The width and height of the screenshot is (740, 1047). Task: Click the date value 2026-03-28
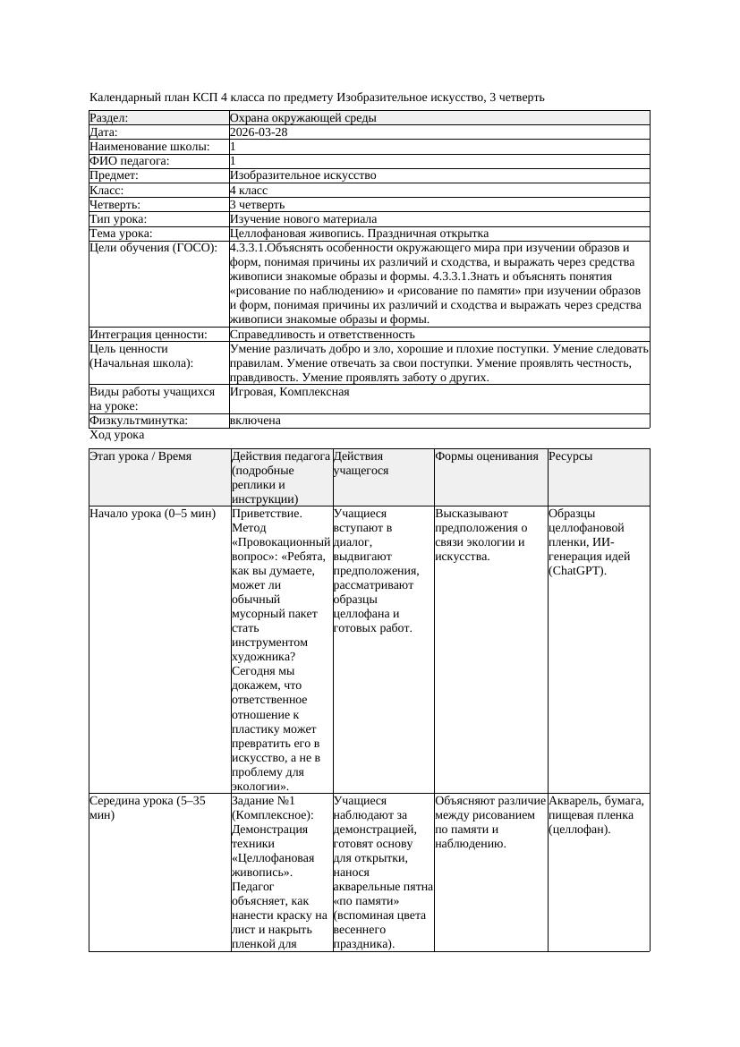259,132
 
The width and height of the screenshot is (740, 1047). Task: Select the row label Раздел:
109,118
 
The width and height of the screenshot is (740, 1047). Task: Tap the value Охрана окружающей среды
302,118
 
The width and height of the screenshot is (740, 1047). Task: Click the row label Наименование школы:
149,147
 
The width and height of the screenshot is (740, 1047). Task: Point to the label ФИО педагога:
130,161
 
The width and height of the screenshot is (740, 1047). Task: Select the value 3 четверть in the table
257,205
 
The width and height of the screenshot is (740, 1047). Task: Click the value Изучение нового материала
303,219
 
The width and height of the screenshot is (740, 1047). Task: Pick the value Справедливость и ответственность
322,335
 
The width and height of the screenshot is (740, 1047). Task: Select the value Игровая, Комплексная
289,392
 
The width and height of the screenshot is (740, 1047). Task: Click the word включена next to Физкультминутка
255,421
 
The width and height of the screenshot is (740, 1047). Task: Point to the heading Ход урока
117,435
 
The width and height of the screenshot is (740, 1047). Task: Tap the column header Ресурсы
571,456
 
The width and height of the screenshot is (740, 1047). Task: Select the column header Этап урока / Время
140,456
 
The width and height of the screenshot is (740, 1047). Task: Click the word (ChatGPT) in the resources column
577,571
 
